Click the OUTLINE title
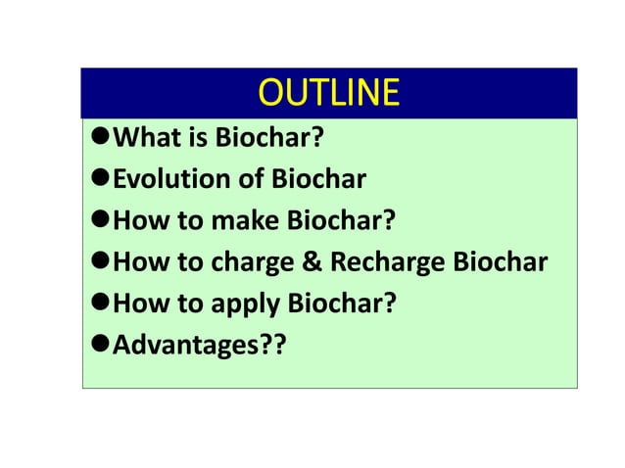[328, 93]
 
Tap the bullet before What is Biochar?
[97, 139]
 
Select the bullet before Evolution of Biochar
[97, 180]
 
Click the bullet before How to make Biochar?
[97, 221]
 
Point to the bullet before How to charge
[97, 263]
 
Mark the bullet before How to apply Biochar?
[97, 304]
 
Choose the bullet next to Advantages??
[97, 345]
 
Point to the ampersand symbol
[313, 263]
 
